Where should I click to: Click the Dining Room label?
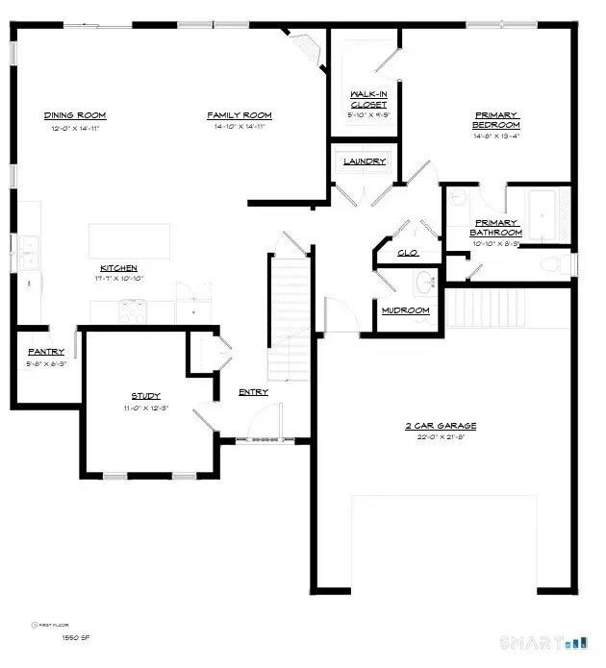(x=74, y=115)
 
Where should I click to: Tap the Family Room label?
(x=240, y=115)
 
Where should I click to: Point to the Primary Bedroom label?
(x=496, y=119)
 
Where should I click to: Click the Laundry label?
(x=365, y=161)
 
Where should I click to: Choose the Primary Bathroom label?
(x=495, y=228)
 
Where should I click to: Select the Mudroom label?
(x=404, y=310)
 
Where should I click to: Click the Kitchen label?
(x=119, y=267)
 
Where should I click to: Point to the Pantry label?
(x=45, y=352)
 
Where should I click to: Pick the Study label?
(x=145, y=396)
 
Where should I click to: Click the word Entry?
(x=253, y=392)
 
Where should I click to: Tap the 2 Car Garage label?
(x=440, y=426)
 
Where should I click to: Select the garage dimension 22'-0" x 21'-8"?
(x=440, y=438)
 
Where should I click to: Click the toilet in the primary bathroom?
(x=551, y=264)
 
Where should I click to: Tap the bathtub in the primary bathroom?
(x=551, y=216)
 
